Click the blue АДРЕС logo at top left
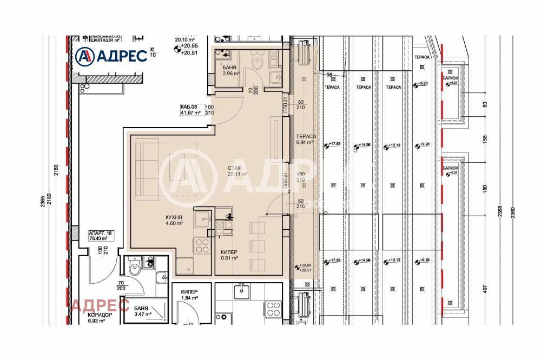click(111, 55)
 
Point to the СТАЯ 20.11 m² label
click(237, 171)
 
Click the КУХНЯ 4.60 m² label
click(174, 220)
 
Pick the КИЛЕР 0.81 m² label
click(230, 255)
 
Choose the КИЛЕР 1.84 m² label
click(189, 295)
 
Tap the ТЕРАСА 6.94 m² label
click(306, 139)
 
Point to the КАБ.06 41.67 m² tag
click(191, 110)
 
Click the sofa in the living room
click(146, 169)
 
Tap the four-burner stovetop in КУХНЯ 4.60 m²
click(202, 246)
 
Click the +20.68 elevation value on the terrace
click(306, 265)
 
